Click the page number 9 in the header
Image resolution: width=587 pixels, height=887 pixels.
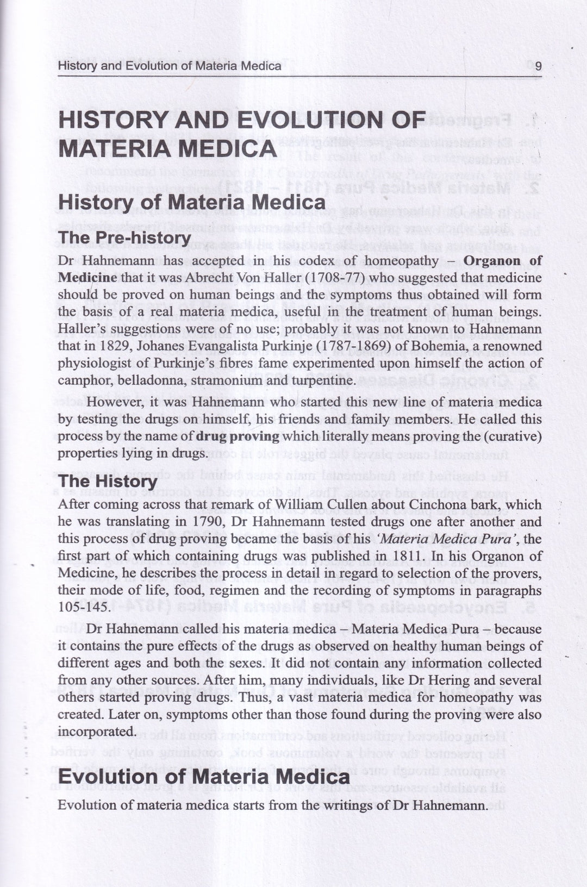(x=538, y=66)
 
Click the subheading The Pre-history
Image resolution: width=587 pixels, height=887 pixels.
(x=124, y=238)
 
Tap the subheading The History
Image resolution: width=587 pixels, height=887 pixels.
(x=108, y=481)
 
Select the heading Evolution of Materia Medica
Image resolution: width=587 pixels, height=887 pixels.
(x=203, y=777)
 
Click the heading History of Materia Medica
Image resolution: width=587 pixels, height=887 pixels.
(x=191, y=202)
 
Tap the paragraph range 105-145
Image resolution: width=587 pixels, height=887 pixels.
(x=81, y=607)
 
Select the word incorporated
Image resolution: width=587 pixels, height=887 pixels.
(x=96, y=731)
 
